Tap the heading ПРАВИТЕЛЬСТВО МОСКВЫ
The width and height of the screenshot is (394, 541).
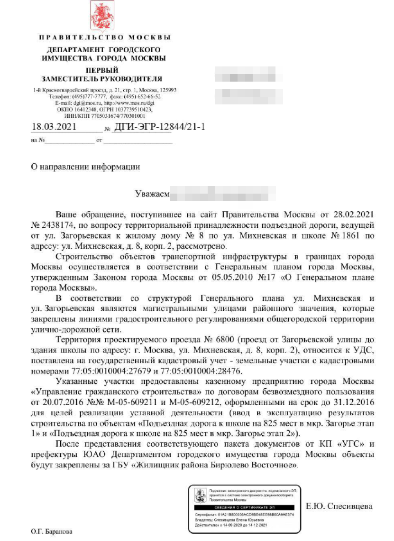click(x=104, y=37)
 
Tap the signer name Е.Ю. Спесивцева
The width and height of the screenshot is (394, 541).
click(x=339, y=506)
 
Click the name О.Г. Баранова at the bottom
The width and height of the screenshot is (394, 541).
click(x=52, y=532)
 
